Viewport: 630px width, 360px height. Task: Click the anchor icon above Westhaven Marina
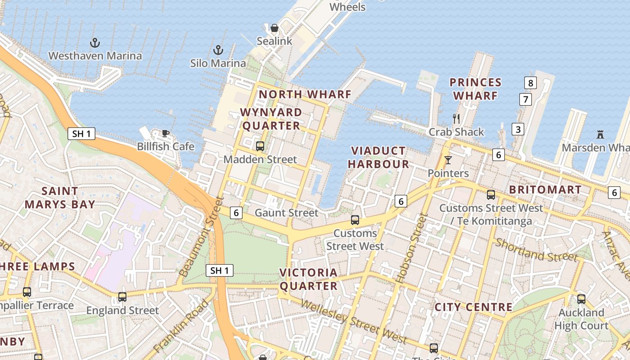(94, 43)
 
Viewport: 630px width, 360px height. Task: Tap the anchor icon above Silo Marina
(218, 50)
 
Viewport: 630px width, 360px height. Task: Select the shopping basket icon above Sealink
(274, 28)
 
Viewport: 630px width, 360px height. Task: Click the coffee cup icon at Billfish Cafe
(166, 133)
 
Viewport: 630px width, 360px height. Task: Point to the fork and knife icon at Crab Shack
(456, 119)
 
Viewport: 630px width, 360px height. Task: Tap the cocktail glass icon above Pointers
(448, 160)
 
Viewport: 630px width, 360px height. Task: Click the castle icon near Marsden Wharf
(600, 134)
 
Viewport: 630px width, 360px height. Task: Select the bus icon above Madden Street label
(260, 146)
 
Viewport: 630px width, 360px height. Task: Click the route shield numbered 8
(531, 83)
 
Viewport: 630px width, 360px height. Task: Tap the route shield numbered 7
(525, 99)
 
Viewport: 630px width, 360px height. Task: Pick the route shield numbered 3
(518, 130)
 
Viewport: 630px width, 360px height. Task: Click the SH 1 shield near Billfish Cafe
(81, 134)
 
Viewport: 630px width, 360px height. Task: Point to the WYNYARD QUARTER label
(271, 119)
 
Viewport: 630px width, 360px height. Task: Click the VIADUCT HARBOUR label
(378, 157)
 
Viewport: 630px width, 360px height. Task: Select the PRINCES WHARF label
(476, 89)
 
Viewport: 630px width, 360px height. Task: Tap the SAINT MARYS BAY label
(60, 198)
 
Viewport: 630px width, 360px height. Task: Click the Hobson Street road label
(411, 249)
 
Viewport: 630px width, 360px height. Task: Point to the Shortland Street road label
(536, 250)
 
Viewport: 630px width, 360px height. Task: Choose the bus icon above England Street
(122, 297)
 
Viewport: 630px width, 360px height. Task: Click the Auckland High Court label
(581, 319)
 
